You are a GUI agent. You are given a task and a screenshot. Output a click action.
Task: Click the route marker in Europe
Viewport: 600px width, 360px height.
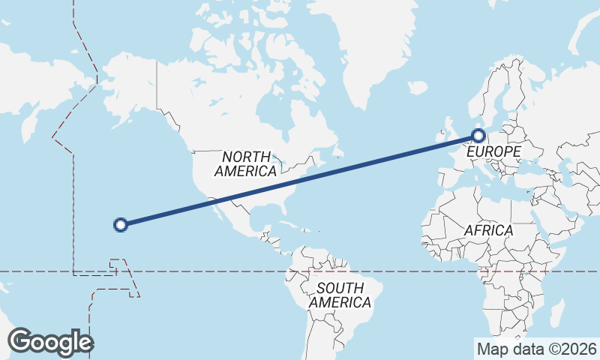(478, 136)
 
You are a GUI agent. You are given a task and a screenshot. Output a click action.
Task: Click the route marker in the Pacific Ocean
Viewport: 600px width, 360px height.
(120, 223)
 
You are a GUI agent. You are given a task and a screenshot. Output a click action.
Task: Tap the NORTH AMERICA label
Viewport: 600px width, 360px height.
(246, 163)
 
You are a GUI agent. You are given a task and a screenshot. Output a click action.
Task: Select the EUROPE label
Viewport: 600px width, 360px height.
(493, 151)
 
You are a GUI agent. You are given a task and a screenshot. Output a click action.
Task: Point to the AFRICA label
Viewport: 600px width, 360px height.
(488, 230)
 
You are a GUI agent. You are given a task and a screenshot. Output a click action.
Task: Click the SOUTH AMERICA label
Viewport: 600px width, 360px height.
(340, 295)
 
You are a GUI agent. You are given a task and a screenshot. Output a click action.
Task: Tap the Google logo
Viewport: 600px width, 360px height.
(50, 342)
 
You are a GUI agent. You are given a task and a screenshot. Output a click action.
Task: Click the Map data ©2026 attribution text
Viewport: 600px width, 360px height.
(536, 349)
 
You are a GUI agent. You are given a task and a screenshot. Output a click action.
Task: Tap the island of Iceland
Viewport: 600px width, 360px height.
(417, 86)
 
